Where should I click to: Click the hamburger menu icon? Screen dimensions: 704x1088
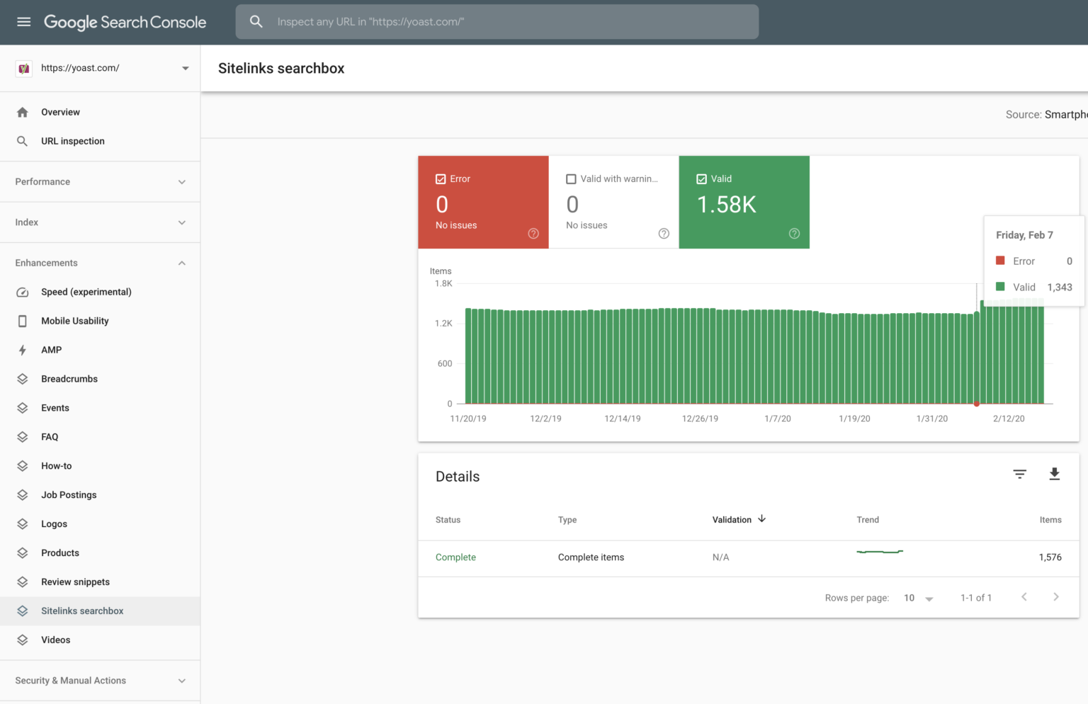pos(23,22)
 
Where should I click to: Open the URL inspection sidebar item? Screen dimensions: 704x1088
pos(72,141)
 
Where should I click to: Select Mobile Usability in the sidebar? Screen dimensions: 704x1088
pos(74,321)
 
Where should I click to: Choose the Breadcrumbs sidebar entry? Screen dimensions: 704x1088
pos(69,379)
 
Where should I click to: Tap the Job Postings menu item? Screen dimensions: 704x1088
pos(68,495)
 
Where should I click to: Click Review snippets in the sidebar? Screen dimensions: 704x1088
pos(75,582)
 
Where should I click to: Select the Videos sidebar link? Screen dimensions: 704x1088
pos(55,640)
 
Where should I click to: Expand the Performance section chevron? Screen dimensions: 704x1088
pos(182,182)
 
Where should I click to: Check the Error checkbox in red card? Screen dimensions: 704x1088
pos(441,179)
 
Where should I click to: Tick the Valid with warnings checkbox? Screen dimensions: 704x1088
pos(571,179)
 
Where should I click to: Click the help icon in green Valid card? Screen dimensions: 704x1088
pos(794,234)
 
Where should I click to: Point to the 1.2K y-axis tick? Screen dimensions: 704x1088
pos(443,324)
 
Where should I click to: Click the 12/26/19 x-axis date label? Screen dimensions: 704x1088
pos(700,419)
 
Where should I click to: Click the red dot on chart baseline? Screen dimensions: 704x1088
pos(977,404)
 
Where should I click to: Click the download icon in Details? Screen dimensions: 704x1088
pos(1054,475)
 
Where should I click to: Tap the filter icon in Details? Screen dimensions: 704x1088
pos(1019,475)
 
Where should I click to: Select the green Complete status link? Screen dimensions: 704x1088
pos(455,557)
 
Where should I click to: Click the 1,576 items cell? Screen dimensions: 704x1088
pos(1050,557)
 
